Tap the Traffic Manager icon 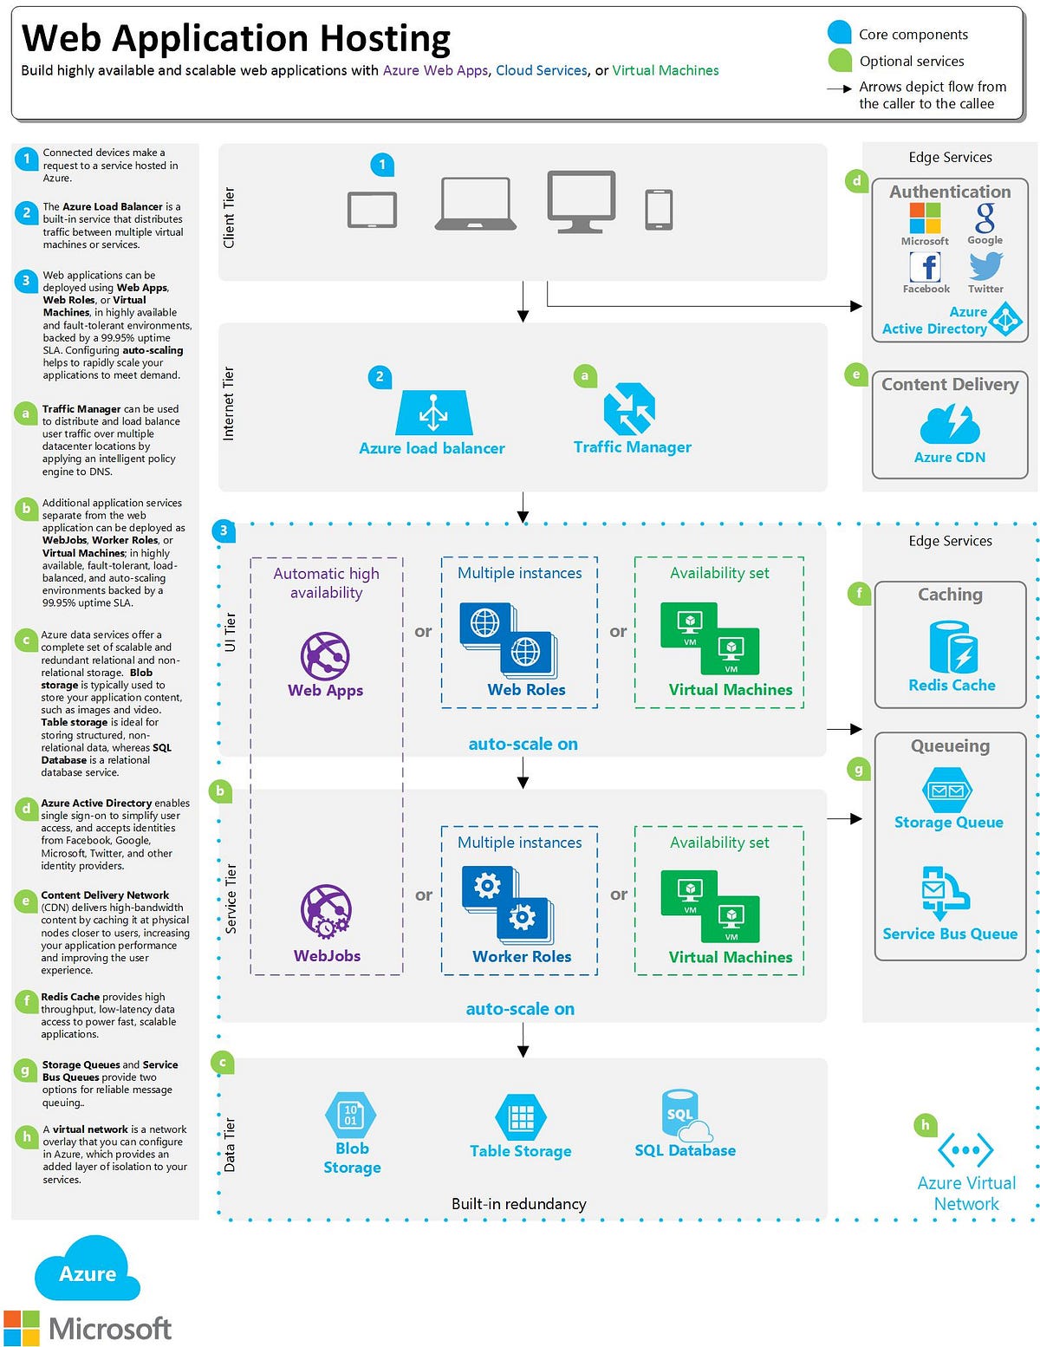point(629,408)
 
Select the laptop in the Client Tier point(475,204)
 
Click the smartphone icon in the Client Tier point(659,210)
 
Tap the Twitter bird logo point(986,266)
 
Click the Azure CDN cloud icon point(950,423)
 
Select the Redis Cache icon point(952,647)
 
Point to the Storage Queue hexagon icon point(947,791)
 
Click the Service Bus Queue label point(950,934)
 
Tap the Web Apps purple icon point(325,655)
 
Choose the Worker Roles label point(522,956)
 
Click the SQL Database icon point(685,1116)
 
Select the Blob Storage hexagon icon point(350,1115)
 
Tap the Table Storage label point(520,1151)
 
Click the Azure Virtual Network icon point(965,1150)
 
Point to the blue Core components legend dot point(839,33)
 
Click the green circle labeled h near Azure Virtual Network point(926,1125)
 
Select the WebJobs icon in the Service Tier point(325,911)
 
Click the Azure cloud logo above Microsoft point(87,1269)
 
